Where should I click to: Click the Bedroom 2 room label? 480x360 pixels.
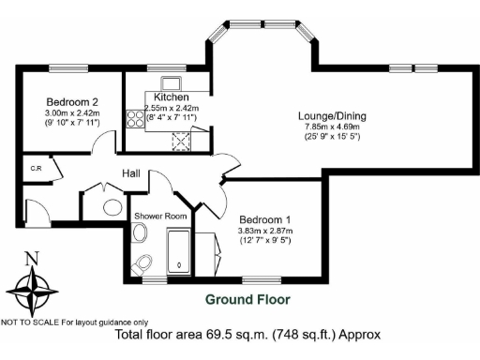[x=71, y=101]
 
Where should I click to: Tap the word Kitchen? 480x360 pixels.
[x=172, y=97]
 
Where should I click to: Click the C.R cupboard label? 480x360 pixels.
[x=35, y=169]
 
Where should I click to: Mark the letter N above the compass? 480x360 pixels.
[x=31, y=258]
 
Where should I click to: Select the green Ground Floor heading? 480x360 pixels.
[x=247, y=300]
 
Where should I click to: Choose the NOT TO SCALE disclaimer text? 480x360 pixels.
[x=75, y=322]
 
